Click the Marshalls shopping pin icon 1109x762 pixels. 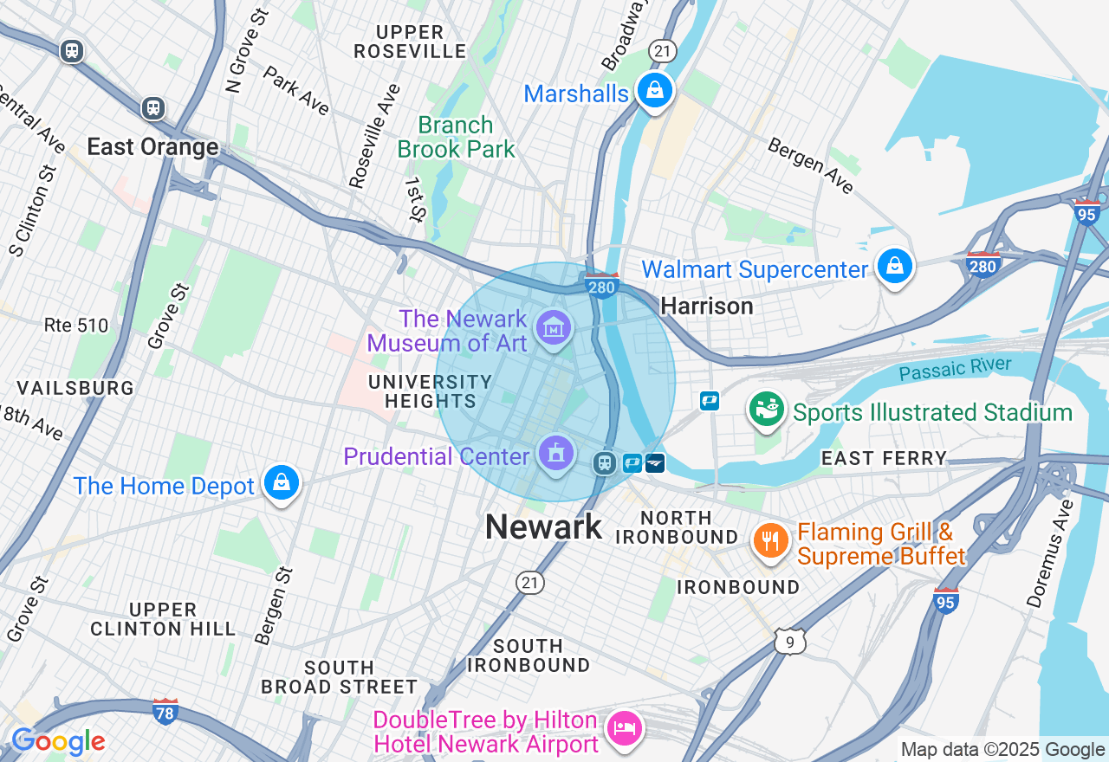(x=655, y=90)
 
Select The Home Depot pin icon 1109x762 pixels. (x=282, y=483)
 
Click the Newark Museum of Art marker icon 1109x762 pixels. (x=554, y=328)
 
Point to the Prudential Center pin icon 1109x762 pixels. (x=554, y=453)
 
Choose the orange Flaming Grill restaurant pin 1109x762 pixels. (x=769, y=541)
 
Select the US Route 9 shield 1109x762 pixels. (x=790, y=641)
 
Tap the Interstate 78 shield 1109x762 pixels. (x=165, y=712)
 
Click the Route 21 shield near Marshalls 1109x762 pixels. (x=663, y=52)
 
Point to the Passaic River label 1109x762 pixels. (x=954, y=369)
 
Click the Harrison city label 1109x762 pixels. (x=706, y=306)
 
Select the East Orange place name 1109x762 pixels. (x=152, y=147)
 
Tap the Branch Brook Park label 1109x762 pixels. (x=456, y=137)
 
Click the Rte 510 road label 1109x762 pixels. (x=76, y=326)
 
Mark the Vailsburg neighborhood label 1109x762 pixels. (x=75, y=388)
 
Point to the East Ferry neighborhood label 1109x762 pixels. (x=883, y=459)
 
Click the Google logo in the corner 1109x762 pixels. (x=58, y=742)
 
